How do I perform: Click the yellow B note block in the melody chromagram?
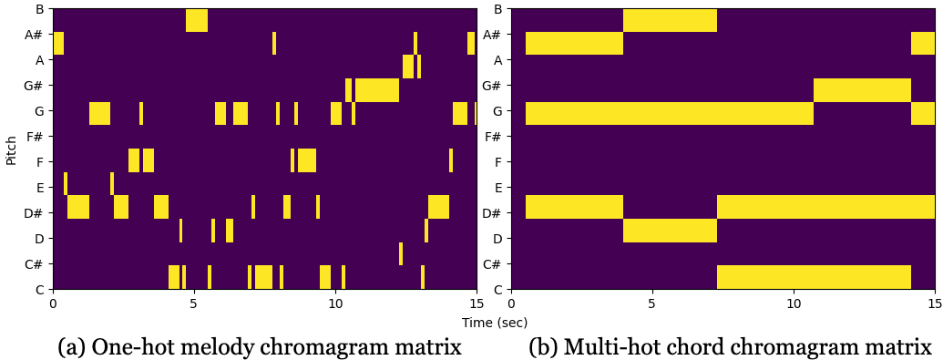coord(197,20)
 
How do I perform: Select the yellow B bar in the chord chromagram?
coord(670,20)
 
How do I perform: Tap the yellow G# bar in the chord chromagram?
coord(862,90)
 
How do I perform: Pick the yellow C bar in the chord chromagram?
coord(814,276)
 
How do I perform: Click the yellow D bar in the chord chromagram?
coord(670,230)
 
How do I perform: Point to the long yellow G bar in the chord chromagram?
coord(669,113)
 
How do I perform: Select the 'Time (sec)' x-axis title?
coord(494,323)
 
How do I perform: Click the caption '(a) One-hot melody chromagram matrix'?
coord(259,347)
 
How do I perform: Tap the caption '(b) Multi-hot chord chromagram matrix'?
coord(730,347)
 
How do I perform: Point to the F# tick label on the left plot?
coord(36,137)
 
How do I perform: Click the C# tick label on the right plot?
coord(492,264)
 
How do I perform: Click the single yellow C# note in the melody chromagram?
coord(401,253)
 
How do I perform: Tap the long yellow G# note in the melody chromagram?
coord(376,90)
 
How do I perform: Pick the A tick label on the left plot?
coord(39,60)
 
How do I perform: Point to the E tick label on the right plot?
coord(497,188)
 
